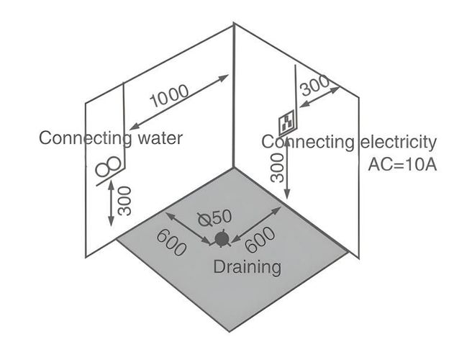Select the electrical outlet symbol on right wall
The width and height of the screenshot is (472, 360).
(288, 120)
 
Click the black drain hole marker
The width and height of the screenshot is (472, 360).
(222, 238)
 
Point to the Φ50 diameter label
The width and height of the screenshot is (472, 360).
(215, 217)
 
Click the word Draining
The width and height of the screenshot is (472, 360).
(247, 267)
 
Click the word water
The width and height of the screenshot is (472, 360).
(158, 138)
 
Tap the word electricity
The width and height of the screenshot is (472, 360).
(396, 142)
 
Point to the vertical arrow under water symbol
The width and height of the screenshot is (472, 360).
(111, 203)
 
